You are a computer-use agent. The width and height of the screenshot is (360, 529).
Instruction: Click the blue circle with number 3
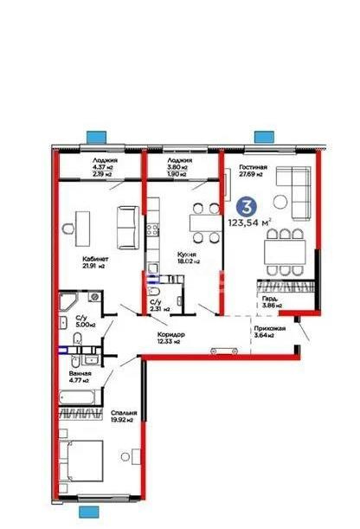246,208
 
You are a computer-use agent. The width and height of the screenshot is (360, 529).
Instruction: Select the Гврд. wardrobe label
269,300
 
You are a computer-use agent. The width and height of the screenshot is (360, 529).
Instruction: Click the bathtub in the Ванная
83,397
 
